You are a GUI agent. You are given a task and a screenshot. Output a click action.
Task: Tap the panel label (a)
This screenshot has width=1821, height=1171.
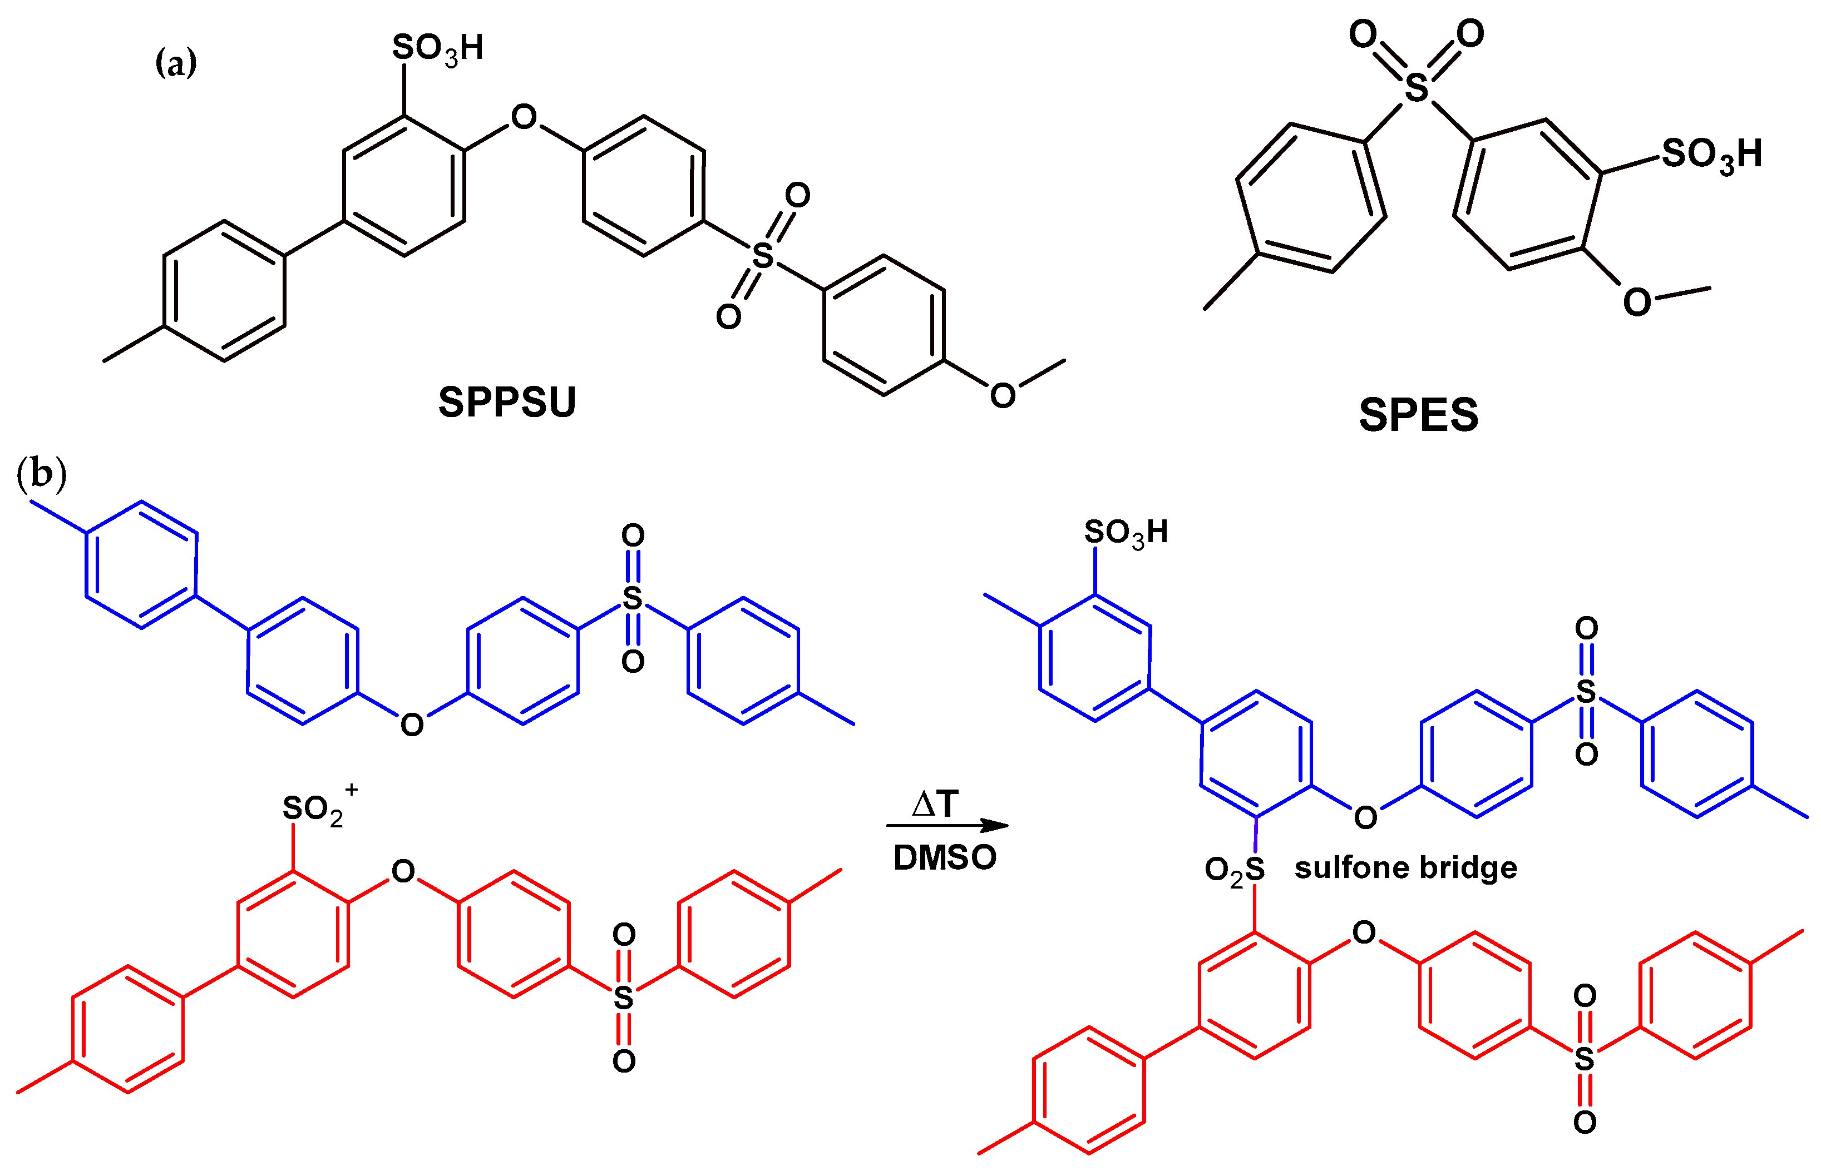[176, 62]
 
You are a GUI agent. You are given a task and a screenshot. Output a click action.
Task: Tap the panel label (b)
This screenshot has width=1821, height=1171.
[41, 474]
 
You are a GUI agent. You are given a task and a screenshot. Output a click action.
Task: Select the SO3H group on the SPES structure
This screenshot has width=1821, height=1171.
[1711, 155]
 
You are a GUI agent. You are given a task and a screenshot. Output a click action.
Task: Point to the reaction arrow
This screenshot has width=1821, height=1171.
[947, 826]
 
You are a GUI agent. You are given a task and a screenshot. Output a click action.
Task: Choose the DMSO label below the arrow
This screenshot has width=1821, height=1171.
[945, 858]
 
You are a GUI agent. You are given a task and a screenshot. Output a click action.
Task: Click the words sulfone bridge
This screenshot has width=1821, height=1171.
[1406, 867]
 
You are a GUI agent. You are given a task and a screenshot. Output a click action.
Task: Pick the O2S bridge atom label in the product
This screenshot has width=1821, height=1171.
[1234, 869]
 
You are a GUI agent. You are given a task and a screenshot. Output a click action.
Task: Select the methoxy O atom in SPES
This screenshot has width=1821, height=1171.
[1637, 302]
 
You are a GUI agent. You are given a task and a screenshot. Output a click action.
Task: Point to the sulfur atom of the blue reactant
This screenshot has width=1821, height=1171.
[632, 598]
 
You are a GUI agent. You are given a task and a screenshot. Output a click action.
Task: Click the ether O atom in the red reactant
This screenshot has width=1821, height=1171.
[403, 871]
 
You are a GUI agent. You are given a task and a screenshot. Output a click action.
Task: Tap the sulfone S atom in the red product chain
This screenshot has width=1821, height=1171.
[1585, 1059]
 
